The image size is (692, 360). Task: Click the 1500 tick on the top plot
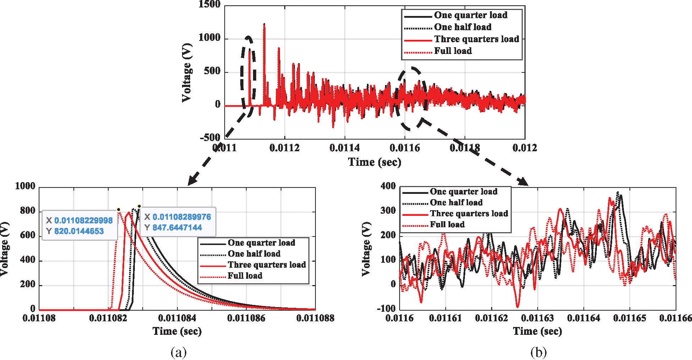coord(209,4)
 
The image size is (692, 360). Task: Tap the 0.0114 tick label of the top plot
coord(344,148)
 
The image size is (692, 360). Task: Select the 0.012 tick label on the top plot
coord(525,148)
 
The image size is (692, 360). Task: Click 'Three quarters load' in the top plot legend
coord(476,39)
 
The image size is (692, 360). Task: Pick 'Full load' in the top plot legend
coord(453,51)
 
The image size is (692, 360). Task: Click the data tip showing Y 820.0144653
coord(79,226)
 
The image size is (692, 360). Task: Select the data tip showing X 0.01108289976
coord(178,222)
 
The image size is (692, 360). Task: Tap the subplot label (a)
coord(179,352)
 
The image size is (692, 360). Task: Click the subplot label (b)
coord(538,352)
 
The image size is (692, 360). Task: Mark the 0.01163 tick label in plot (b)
coord(537,318)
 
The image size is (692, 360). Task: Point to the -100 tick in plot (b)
coord(386,308)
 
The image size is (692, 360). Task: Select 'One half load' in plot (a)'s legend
coord(254,253)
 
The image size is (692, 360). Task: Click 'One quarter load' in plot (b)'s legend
coord(463,192)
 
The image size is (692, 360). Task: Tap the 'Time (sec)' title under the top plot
coord(374,162)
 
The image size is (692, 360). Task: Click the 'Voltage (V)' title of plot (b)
coord(366,249)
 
